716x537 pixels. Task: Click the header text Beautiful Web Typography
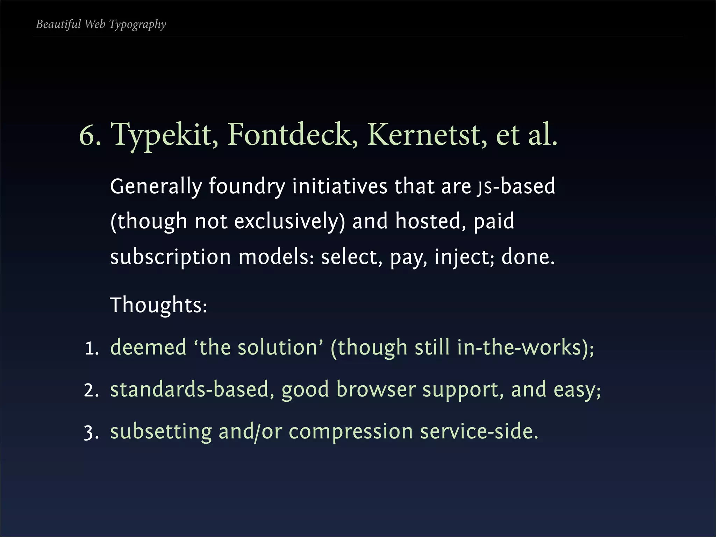pyautogui.click(x=101, y=24)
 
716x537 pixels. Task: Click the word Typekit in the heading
pyautogui.click(x=164, y=135)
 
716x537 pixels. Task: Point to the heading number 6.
pyautogui.click(x=89, y=135)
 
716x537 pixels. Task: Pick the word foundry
pyautogui.click(x=247, y=186)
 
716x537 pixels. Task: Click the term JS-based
pyautogui.click(x=516, y=186)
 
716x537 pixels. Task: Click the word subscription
pyautogui.click(x=170, y=257)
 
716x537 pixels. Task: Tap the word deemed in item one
pyautogui.click(x=148, y=348)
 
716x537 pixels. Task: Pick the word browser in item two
pyautogui.click(x=376, y=389)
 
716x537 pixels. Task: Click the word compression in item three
pyautogui.click(x=351, y=432)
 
